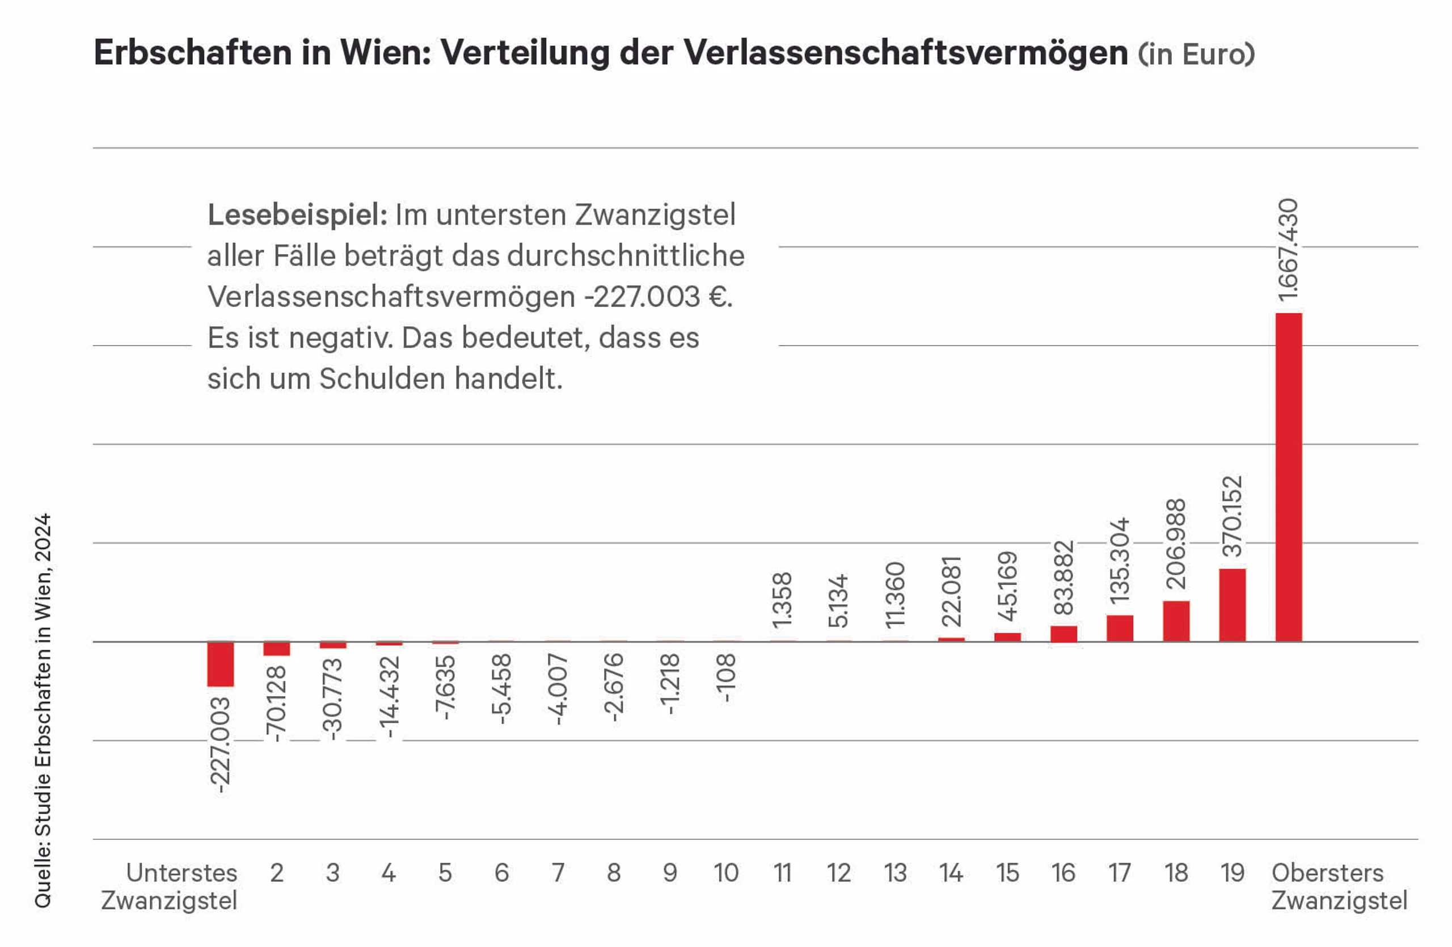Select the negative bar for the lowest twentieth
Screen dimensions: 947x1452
[x=220, y=664]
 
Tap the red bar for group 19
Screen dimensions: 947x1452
[x=1232, y=605]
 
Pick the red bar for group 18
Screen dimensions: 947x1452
[x=1176, y=621]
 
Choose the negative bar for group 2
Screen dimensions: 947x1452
[x=276, y=649]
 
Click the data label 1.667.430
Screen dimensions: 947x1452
[x=1288, y=250]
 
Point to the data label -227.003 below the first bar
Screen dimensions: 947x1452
[x=220, y=745]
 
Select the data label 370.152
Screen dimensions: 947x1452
[x=1233, y=516]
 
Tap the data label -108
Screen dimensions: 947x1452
[x=726, y=677]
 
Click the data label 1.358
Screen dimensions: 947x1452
[x=782, y=600]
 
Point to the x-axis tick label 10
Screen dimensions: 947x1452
[x=726, y=873]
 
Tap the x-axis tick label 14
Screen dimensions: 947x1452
[x=951, y=873]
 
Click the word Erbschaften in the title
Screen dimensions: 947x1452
[x=193, y=52]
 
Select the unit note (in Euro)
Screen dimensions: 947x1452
[x=1196, y=54]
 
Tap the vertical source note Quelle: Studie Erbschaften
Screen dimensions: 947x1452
[x=43, y=711]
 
